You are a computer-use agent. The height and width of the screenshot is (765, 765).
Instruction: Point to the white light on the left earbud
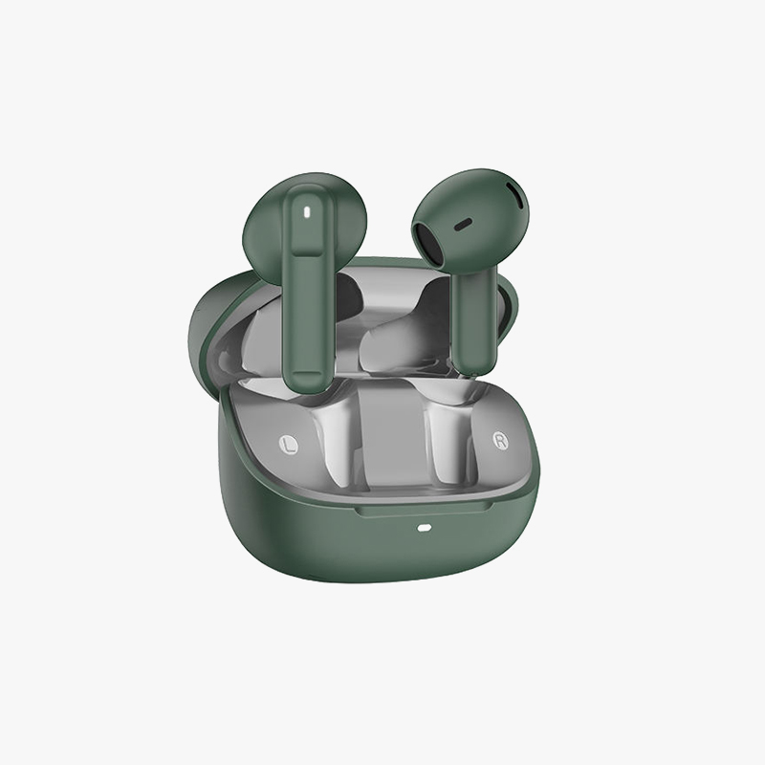click(x=306, y=211)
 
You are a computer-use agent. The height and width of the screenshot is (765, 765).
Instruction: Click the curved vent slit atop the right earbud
click(x=516, y=198)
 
